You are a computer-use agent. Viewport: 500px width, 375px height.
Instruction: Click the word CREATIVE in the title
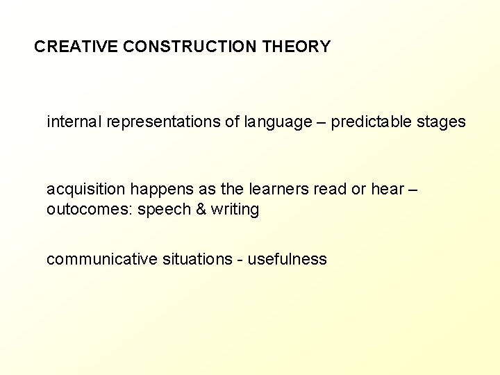(76, 47)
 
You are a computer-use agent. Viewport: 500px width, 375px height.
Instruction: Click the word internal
(74, 122)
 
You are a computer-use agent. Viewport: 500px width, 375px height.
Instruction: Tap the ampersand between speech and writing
(201, 210)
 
